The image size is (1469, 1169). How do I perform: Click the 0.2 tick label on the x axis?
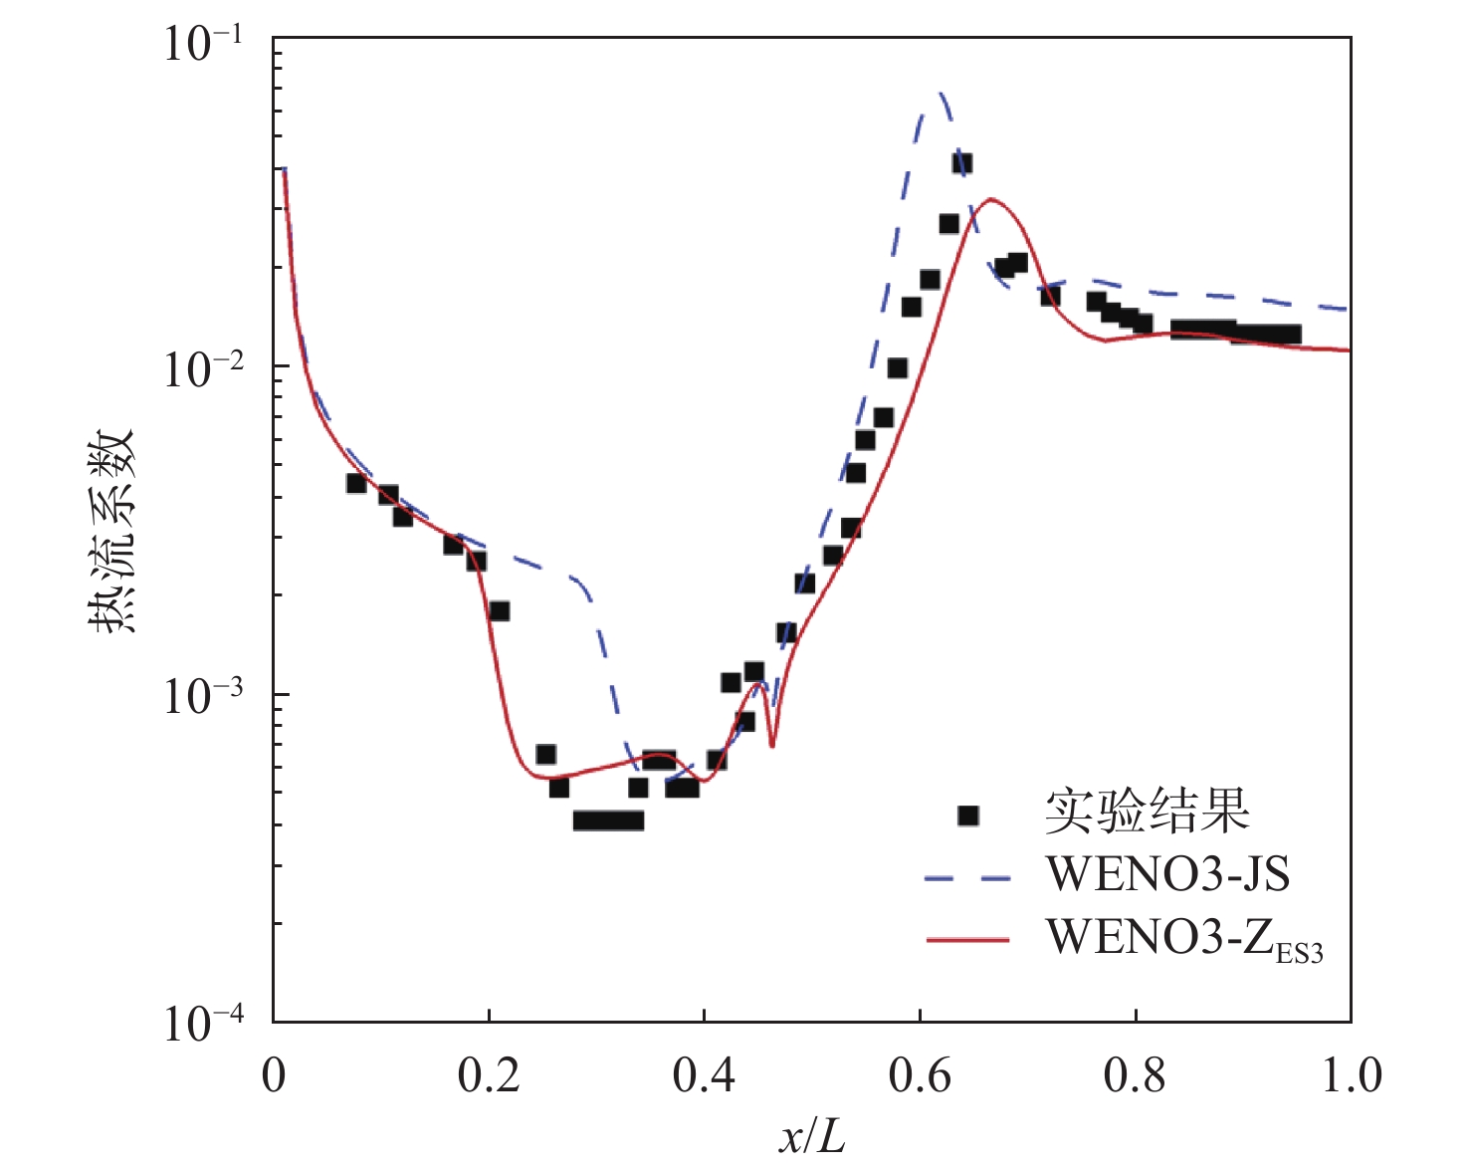(489, 1076)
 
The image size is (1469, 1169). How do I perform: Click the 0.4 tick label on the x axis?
(704, 1076)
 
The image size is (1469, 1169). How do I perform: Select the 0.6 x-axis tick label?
(920, 1076)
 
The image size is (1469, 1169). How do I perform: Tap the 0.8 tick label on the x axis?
(1135, 1076)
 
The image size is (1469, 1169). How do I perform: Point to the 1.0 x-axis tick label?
(1351, 1076)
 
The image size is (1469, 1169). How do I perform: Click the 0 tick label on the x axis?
(274, 1076)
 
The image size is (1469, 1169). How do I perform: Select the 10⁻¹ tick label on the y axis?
(204, 45)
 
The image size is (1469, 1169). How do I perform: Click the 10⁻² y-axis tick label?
(204, 370)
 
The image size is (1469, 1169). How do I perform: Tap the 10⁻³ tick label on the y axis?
(204, 697)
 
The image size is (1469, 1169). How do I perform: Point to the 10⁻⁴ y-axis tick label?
(204, 1024)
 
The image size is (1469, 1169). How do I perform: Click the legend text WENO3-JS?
(1166, 874)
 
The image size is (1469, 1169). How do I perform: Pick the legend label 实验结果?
(1147, 813)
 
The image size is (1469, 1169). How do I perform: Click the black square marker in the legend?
(967, 816)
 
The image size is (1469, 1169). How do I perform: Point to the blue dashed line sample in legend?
(967, 878)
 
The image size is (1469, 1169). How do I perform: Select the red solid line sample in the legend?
(967, 939)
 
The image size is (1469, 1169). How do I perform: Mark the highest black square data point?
(962, 163)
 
